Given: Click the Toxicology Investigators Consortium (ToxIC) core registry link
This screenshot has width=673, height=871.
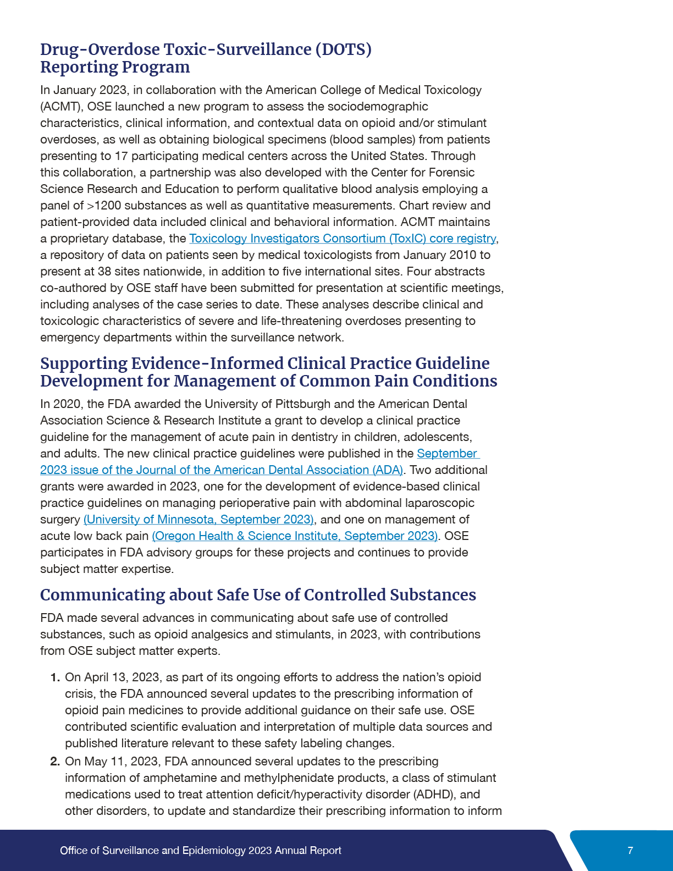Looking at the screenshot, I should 342,239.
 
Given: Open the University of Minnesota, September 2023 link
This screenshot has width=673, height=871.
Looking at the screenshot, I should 198,520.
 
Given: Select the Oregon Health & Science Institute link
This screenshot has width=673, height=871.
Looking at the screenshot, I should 295,536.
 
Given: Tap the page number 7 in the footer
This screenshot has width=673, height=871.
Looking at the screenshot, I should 630,851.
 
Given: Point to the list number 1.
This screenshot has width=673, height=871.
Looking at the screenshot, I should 54,677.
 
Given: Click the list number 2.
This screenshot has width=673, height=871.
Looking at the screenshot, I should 54,762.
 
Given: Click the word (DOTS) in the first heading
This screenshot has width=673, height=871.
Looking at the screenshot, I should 343,49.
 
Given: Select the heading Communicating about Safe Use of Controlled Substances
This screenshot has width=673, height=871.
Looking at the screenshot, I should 258,595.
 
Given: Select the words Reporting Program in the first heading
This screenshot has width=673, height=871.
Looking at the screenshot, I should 115,67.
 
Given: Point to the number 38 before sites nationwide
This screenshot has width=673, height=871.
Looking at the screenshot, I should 104,272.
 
